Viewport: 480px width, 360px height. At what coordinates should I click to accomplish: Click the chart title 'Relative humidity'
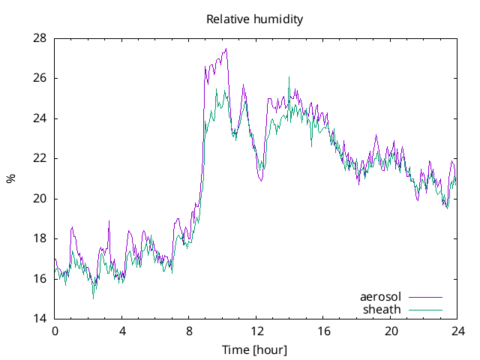click(255, 19)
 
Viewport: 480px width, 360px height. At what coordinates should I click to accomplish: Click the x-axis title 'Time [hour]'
click(255, 350)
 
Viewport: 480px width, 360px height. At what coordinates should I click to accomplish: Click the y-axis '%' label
click(10, 178)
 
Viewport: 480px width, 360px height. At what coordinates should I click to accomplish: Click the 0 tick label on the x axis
click(55, 331)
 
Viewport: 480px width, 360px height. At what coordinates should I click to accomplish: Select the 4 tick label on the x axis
click(121, 331)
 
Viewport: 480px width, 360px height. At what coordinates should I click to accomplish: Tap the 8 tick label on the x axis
click(189, 331)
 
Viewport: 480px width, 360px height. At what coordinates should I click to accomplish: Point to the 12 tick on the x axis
click(256, 331)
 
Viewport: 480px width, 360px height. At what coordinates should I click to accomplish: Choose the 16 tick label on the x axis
click(323, 331)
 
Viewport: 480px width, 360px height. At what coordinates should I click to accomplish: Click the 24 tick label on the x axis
click(457, 331)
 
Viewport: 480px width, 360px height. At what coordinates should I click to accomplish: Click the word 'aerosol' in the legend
click(381, 297)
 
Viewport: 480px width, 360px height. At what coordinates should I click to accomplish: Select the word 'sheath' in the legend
click(382, 309)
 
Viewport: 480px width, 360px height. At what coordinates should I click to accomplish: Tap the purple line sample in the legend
click(425, 298)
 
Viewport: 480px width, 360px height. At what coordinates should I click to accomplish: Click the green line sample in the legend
click(425, 310)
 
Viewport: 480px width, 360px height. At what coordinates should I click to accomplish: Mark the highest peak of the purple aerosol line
click(226, 49)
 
